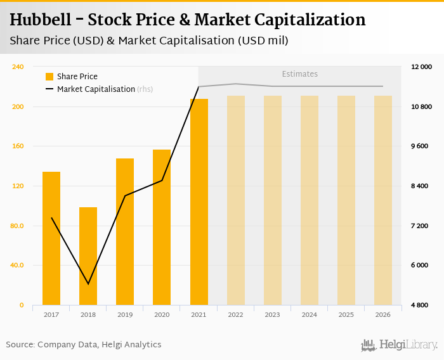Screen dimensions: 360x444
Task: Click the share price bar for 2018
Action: (x=88, y=256)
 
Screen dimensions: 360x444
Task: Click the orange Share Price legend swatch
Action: (x=49, y=77)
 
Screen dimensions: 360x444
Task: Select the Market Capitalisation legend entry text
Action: (x=96, y=89)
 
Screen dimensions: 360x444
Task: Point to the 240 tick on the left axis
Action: (x=18, y=67)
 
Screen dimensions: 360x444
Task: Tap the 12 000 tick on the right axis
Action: (x=422, y=67)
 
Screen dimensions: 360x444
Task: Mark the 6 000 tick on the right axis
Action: (x=422, y=266)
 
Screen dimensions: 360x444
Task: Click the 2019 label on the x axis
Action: (x=125, y=314)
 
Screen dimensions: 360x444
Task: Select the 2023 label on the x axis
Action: (x=273, y=314)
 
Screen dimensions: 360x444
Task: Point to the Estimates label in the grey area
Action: (x=299, y=74)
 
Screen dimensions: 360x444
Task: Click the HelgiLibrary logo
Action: (x=399, y=345)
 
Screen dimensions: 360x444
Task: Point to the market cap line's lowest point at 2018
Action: (x=88, y=284)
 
